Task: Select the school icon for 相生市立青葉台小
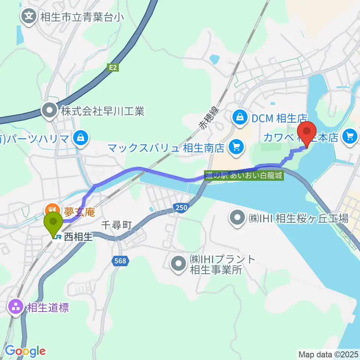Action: coord(28,16)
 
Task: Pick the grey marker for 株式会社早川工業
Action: coord(49,110)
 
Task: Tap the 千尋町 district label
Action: coord(117,225)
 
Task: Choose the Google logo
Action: coord(25,351)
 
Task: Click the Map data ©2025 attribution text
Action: coord(328,354)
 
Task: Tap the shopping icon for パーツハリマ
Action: coord(81,138)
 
